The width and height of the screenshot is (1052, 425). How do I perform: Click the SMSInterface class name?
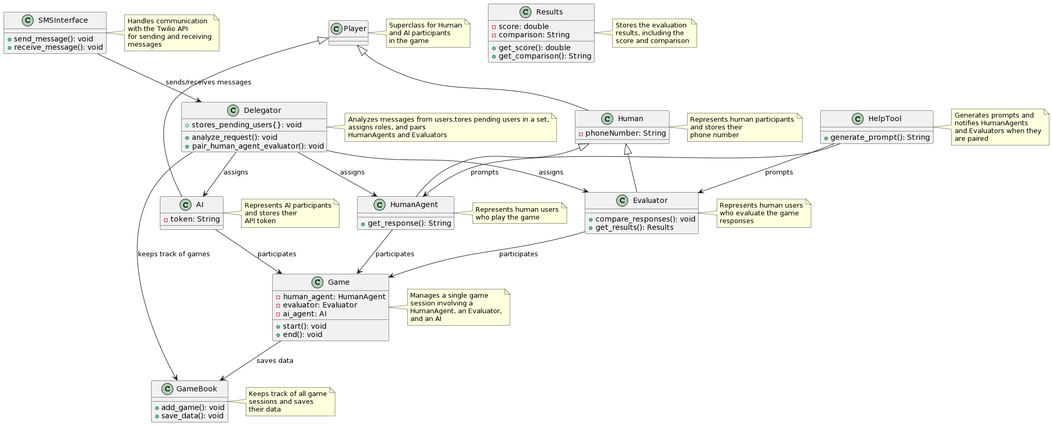click(63, 20)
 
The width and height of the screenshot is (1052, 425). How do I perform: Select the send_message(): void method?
click(53, 39)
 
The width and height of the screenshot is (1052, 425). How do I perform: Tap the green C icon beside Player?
click(336, 28)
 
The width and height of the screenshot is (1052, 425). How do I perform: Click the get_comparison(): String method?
click(544, 56)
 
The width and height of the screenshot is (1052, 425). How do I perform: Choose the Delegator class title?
click(262, 110)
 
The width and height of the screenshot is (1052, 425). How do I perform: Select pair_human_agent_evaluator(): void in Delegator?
click(258, 146)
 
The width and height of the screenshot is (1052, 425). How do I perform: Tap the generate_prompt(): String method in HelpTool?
click(880, 137)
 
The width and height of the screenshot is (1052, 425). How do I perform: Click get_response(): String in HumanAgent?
click(409, 223)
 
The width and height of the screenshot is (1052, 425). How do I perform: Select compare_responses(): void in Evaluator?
click(645, 219)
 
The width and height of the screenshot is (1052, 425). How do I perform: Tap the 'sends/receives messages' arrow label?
click(208, 82)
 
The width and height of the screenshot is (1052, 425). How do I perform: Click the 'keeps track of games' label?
click(174, 254)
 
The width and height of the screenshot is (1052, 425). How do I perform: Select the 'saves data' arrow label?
click(275, 361)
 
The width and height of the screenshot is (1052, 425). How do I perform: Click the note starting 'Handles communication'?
click(171, 33)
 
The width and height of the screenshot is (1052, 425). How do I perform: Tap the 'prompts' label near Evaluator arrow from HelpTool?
click(779, 172)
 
